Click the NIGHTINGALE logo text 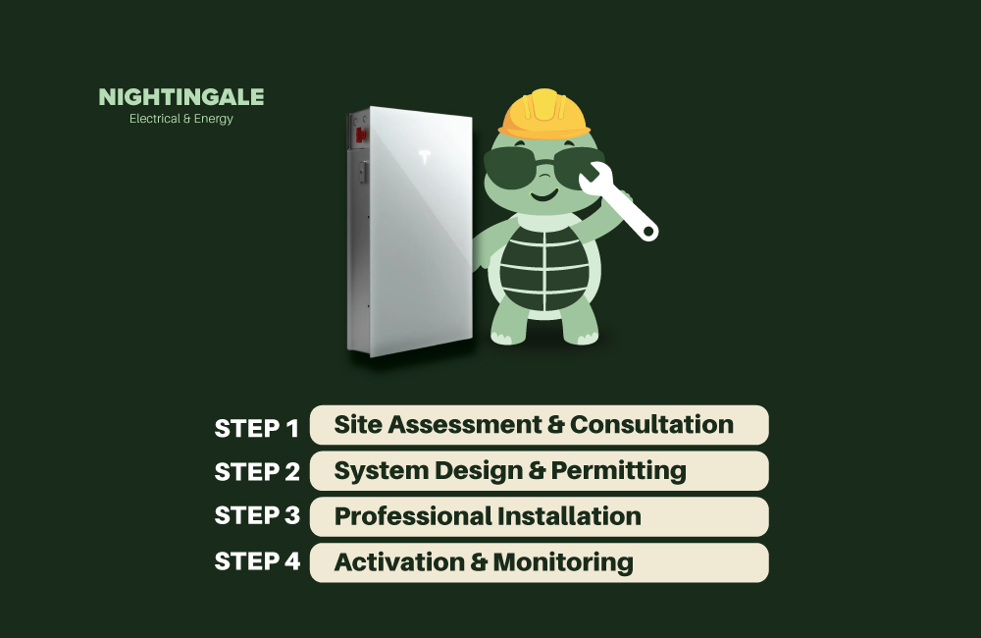(181, 97)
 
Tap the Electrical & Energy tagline (181, 120)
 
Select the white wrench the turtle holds (617, 202)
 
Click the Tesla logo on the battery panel (425, 157)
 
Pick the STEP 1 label (256, 428)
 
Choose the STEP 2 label (256, 472)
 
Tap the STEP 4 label (256, 562)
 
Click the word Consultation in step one (651, 425)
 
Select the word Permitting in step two (618, 471)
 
